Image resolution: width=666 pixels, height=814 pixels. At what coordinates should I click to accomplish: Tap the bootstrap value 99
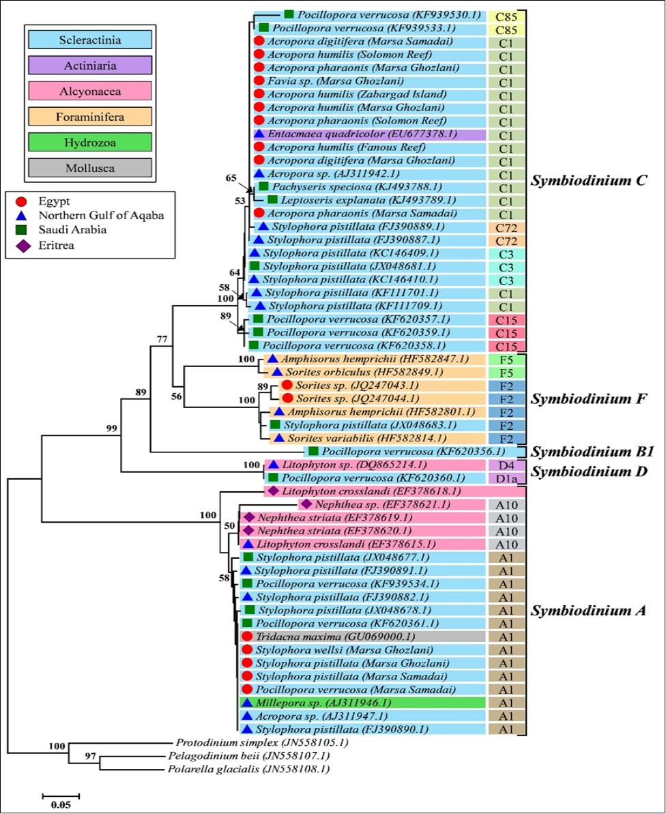pyautogui.click(x=111, y=427)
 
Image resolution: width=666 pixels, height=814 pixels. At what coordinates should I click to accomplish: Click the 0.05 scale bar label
pyautogui.click(x=61, y=803)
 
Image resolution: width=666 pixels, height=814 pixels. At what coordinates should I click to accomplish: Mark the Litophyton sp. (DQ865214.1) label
pyautogui.click(x=327, y=465)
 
